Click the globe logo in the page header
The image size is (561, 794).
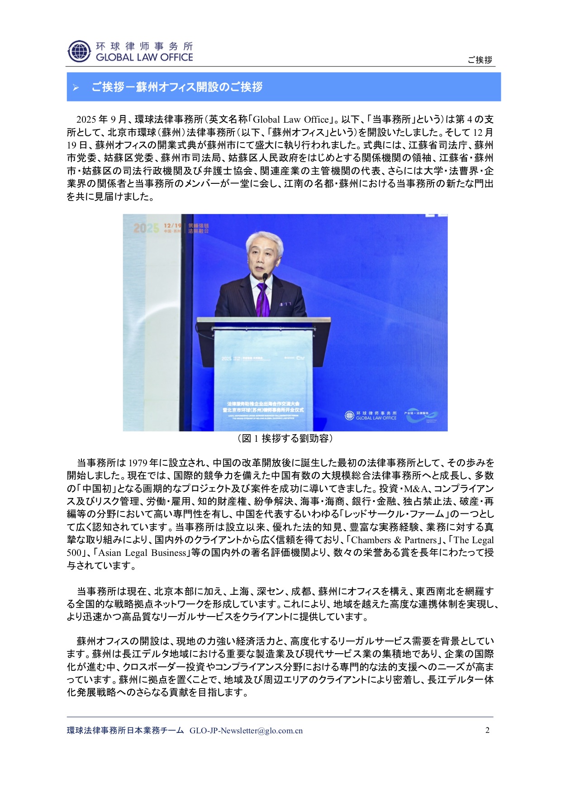79,51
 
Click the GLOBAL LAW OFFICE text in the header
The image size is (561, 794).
144,57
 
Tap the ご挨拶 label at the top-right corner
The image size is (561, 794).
480,60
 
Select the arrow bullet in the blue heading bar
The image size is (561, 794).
76,87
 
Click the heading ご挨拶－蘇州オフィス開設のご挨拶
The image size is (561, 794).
177,87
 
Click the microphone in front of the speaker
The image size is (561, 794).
265,277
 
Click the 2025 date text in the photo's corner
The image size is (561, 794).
146,228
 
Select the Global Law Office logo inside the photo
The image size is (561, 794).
371,415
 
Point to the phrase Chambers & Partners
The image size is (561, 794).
394,540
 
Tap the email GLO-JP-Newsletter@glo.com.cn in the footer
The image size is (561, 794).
246,731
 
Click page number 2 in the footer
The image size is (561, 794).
487,730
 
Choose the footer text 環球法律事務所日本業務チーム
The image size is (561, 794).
125,731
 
